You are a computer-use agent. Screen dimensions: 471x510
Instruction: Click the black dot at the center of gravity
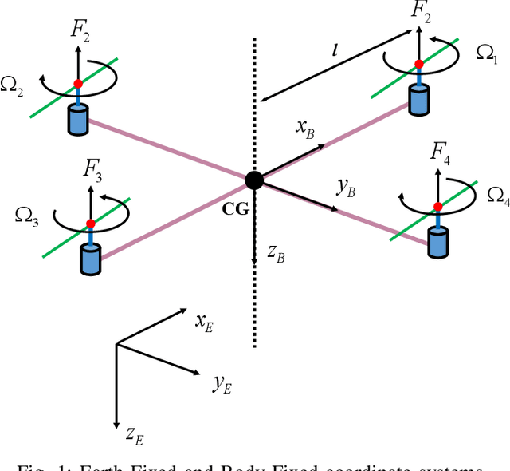pos(254,180)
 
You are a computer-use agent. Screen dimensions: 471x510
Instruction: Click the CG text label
pos(237,208)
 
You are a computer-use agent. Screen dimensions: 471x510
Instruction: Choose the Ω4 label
pos(497,195)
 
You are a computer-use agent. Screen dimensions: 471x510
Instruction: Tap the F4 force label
pos(440,152)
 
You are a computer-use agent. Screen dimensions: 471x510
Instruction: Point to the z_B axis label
pos(277,255)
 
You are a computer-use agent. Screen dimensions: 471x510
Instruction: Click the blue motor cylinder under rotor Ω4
pos(438,242)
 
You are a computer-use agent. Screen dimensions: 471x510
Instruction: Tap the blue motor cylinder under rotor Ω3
pos(91,259)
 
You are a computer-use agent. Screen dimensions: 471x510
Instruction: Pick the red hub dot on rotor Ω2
pos(78,84)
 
